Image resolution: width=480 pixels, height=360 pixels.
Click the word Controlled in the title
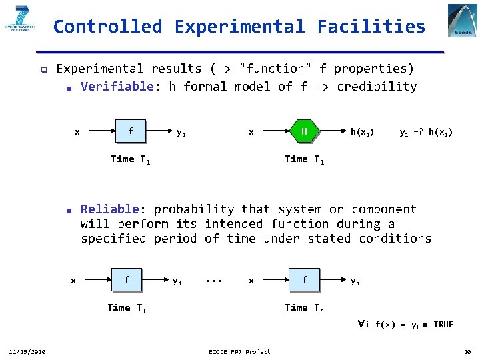point(107,27)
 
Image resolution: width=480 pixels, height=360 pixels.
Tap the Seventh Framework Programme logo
point(21,21)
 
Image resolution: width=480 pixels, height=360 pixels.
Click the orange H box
point(304,131)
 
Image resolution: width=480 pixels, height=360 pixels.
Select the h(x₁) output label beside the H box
point(362,132)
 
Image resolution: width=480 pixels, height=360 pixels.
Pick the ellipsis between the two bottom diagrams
point(213,281)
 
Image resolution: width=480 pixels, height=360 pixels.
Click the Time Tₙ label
point(304,307)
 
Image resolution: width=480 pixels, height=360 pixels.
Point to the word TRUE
point(443,325)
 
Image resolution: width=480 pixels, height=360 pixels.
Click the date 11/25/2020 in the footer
point(27,351)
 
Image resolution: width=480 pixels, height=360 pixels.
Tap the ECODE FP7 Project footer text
point(239,351)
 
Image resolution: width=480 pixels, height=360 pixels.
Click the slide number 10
point(466,351)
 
